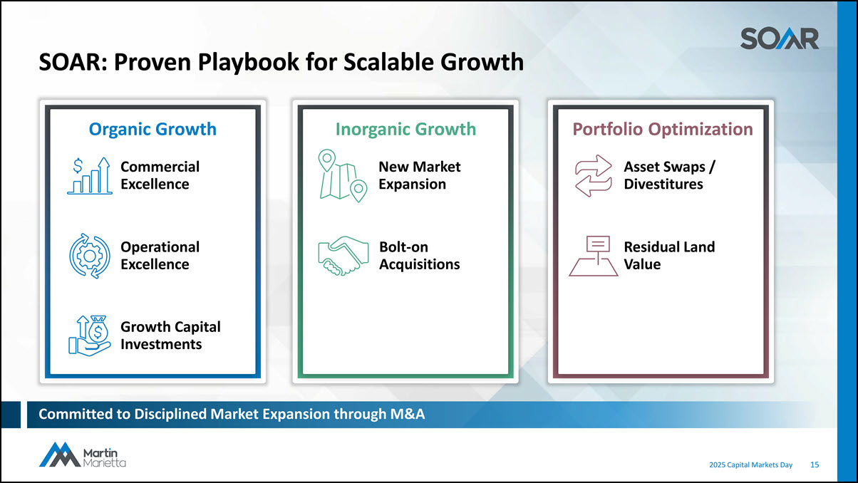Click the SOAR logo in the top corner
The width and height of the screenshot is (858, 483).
click(x=780, y=38)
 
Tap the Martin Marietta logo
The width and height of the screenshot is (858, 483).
click(x=83, y=455)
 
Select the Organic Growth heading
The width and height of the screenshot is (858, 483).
click(x=153, y=129)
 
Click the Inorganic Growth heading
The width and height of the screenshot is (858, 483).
click(x=405, y=129)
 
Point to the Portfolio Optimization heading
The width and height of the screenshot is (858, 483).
click(x=663, y=129)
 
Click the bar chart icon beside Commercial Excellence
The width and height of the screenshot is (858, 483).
click(x=90, y=176)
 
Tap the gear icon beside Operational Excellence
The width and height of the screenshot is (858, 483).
click(x=90, y=256)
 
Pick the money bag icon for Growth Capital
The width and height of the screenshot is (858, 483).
click(x=90, y=336)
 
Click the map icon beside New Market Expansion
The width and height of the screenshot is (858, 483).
click(x=343, y=175)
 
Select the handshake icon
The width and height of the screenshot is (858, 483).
click(x=343, y=256)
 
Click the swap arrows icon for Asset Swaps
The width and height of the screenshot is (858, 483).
click(x=594, y=176)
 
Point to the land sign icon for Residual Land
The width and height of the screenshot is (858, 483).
click(x=594, y=256)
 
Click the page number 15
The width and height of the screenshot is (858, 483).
click(x=815, y=464)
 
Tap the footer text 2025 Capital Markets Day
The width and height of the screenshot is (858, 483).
click(x=751, y=465)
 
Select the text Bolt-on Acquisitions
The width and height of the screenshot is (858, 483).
click(x=420, y=256)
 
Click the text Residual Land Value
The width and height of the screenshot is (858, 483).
click(x=669, y=256)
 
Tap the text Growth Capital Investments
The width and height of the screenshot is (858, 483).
click(x=170, y=336)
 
